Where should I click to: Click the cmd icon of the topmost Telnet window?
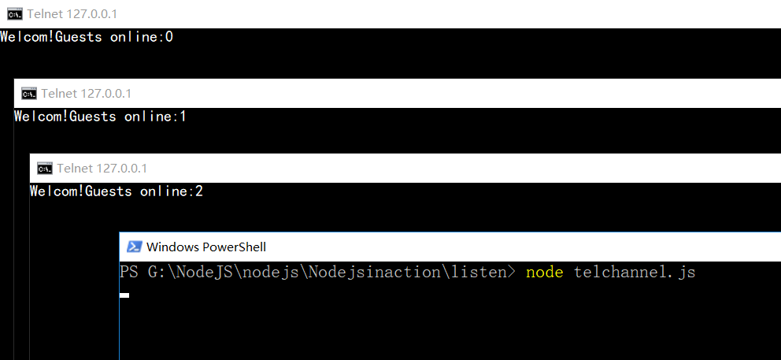(x=13, y=14)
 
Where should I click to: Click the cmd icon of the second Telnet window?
(x=28, y=94)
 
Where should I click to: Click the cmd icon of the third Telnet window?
(x=44, y=168)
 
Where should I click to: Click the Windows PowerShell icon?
(x=134, y=247)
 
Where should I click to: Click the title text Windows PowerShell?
(x=206, y=247)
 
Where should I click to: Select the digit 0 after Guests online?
(x=168, y=36)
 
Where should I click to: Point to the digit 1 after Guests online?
(x=183, y=117)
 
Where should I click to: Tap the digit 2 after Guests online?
(x=199, y=191)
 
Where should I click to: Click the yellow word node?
(x=545, y=272)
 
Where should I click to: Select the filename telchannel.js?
(x=635, y=272)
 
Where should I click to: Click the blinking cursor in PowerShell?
(x=124, y=295)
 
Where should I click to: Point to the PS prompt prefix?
(x=128, y=272)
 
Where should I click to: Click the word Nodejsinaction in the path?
(x=363, y=272)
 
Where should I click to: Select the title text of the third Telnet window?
(x=102, y=168)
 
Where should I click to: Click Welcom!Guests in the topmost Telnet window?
(x=50, y=36)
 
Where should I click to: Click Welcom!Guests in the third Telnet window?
(x=80, y=191)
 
